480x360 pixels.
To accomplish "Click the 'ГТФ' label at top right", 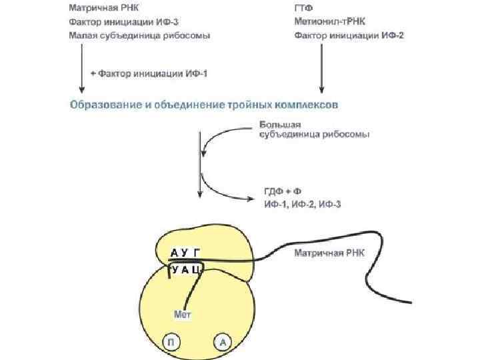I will [303, 9].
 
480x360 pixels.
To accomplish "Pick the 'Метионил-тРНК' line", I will [327, 22].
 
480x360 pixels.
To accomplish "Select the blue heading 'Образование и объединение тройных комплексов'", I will [203, 105].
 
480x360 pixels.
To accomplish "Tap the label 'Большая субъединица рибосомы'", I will [313, 129].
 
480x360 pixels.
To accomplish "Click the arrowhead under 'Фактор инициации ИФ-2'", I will [322, 89].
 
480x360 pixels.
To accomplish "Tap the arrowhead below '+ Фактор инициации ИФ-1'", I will [82, 89].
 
